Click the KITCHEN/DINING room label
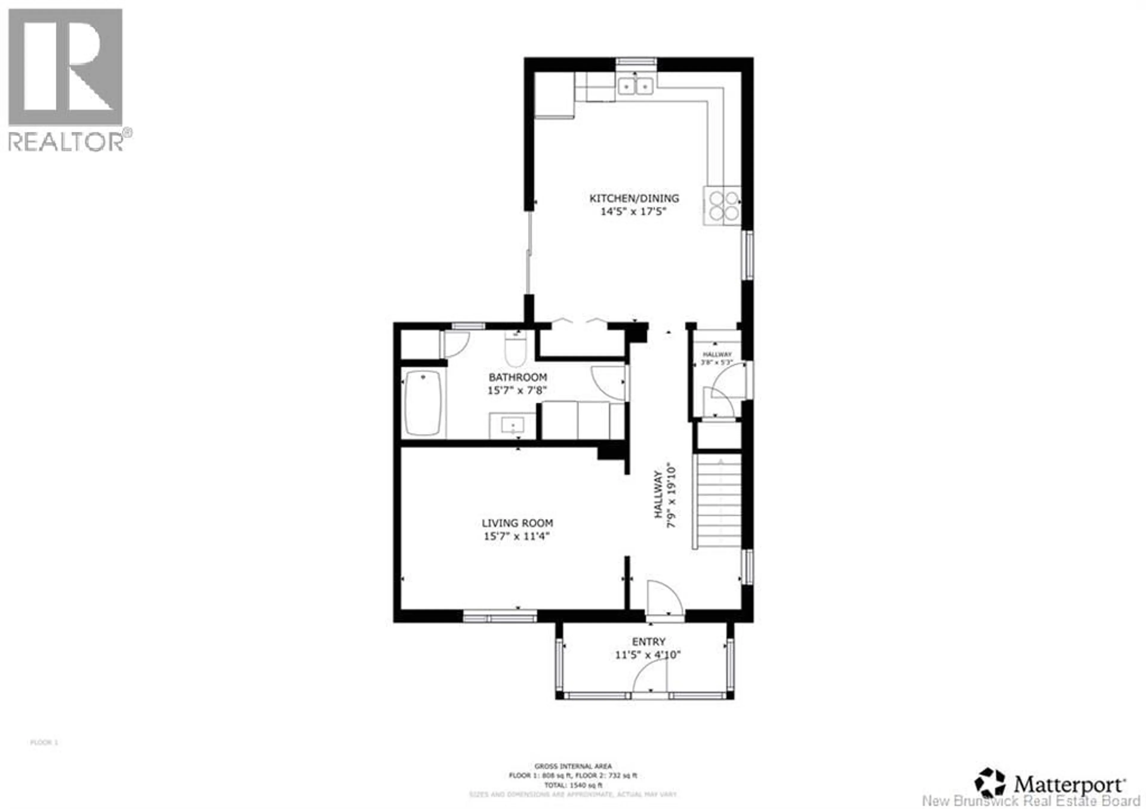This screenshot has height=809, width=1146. [634, 198]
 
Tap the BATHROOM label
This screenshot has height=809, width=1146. [517, 377]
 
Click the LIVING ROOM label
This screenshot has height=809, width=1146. [517, 523]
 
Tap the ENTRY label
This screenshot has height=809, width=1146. [649, 642]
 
